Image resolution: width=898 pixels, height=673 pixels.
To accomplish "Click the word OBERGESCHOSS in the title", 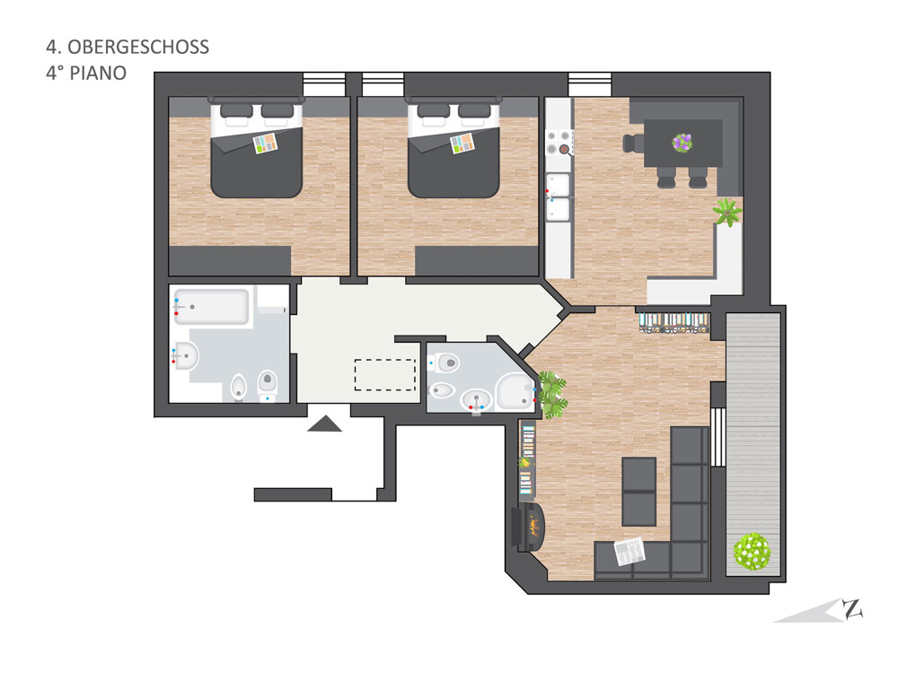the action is point(138,47).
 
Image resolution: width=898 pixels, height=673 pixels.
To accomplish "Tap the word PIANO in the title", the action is point(98,74).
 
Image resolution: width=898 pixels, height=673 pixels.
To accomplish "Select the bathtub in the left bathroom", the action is point(212,307).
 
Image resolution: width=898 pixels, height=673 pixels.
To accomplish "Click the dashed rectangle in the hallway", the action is point(385,375).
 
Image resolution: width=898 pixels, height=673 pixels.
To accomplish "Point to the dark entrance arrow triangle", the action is point(325,424).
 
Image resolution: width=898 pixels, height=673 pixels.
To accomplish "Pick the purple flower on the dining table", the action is point(682,143).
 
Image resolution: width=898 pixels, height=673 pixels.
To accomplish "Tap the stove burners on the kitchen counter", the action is point(559,143).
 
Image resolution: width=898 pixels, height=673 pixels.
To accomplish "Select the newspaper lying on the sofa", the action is point(629,552).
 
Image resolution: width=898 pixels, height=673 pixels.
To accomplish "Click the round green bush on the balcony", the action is point(752,551).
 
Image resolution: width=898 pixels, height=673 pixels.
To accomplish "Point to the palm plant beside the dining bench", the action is point(727,212).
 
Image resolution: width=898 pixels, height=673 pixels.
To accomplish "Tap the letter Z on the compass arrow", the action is point(853,608).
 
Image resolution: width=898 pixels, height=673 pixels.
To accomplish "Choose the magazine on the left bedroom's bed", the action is point(265,143).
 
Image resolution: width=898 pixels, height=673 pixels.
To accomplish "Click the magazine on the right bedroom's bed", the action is point(462,143).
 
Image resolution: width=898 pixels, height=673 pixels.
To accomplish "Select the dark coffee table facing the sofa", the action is point(639,492).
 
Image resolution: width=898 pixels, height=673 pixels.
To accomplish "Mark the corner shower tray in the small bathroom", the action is point(516,391).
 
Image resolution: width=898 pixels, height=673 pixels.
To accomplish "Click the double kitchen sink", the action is point(558,197).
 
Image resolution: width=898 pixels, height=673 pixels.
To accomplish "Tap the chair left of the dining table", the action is point(633,143).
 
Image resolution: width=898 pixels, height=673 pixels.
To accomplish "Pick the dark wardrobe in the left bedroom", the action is point(230,261).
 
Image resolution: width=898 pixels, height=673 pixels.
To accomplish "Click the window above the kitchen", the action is point(590,84).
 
